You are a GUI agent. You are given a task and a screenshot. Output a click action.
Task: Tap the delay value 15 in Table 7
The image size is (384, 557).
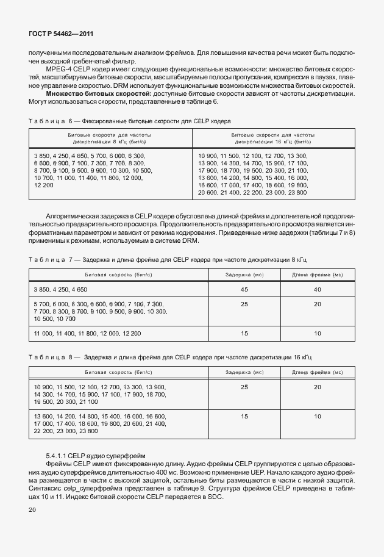coord(244,333)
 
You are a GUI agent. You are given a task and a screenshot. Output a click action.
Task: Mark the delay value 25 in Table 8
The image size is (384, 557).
coord(244,387)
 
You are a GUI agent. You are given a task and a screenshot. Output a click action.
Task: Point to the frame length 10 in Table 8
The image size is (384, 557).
coord(317,416)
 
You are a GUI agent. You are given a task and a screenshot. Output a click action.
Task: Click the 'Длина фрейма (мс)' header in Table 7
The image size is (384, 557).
coord(317,275)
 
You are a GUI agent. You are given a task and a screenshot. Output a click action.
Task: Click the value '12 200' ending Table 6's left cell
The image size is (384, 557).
coord(44,185)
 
